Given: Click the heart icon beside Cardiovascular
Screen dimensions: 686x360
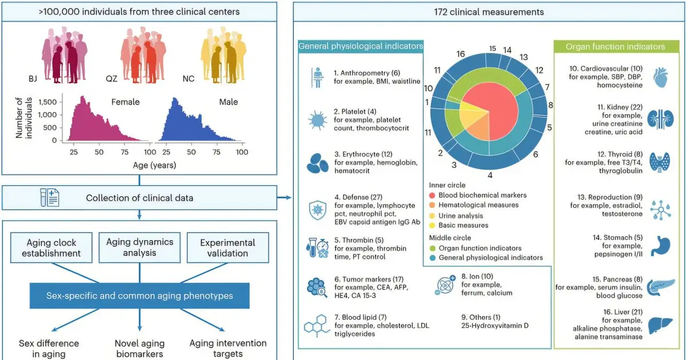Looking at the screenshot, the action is click(660, 78).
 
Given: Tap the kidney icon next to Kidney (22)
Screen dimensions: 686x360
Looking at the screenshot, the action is click(661, 119).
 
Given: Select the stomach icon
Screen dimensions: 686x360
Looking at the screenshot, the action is click(661, 246).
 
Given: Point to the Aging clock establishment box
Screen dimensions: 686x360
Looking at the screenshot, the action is click(51, 247).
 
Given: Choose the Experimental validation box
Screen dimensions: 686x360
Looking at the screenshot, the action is click(228, 247).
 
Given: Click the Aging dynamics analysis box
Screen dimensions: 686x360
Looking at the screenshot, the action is click(139, 247).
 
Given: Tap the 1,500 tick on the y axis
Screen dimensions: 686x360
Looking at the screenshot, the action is click(48, 102).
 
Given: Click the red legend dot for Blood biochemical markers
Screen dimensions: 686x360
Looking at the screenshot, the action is click(432, 195).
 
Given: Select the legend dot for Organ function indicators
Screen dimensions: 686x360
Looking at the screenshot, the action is click(432, 248).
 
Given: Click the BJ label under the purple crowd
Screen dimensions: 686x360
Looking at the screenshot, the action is click(33, 79).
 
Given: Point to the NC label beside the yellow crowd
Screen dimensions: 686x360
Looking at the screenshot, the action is click(188, 79).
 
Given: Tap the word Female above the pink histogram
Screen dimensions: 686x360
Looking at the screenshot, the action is click(125, 102).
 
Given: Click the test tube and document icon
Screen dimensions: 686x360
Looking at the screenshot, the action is click(50, 198).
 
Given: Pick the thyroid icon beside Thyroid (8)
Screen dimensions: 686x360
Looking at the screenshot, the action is click(660, 162).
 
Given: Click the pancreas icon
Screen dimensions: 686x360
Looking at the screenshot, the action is click(661, 287).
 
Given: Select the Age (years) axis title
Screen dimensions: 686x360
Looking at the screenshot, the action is click(154, 165).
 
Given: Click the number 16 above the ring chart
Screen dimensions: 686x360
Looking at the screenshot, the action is click(461, 54).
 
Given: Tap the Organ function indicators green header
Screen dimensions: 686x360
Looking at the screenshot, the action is click(616, 46).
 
